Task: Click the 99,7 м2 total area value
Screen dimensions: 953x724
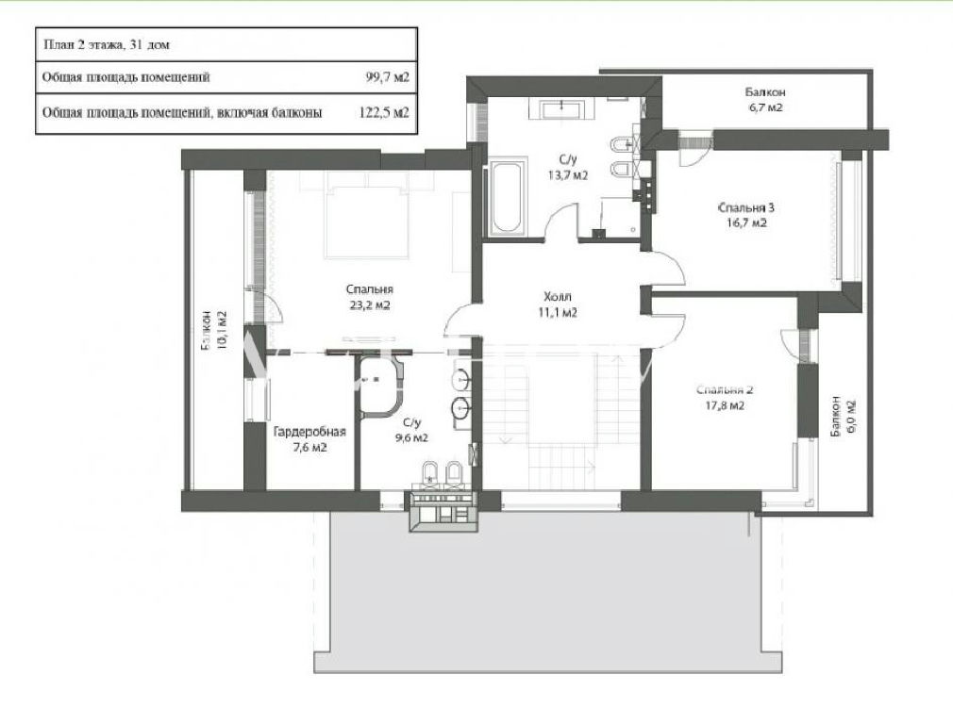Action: [387, 77]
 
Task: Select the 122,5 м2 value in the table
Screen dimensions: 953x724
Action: [381, 112]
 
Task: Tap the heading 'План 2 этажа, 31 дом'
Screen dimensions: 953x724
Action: [107, 44]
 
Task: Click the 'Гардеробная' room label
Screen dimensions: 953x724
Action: [309, 432]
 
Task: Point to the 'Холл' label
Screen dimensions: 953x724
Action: [558, 297]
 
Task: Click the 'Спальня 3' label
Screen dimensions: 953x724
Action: [745, 207]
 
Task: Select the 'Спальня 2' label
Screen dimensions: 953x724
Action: [725, 390]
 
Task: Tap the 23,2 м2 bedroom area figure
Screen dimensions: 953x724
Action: [370, 304]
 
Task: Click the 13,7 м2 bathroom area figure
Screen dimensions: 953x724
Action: [568, 175]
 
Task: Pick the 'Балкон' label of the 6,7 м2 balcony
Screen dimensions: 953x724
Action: [765, 92]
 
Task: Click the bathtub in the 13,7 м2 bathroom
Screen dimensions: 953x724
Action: [506, 197]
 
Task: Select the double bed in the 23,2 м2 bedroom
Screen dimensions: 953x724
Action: [365, 222]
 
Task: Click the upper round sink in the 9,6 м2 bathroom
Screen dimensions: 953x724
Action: [461, 380]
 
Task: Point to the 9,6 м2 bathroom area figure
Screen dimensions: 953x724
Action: [410, 437]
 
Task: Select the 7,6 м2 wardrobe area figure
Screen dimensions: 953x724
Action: [309, 448]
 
